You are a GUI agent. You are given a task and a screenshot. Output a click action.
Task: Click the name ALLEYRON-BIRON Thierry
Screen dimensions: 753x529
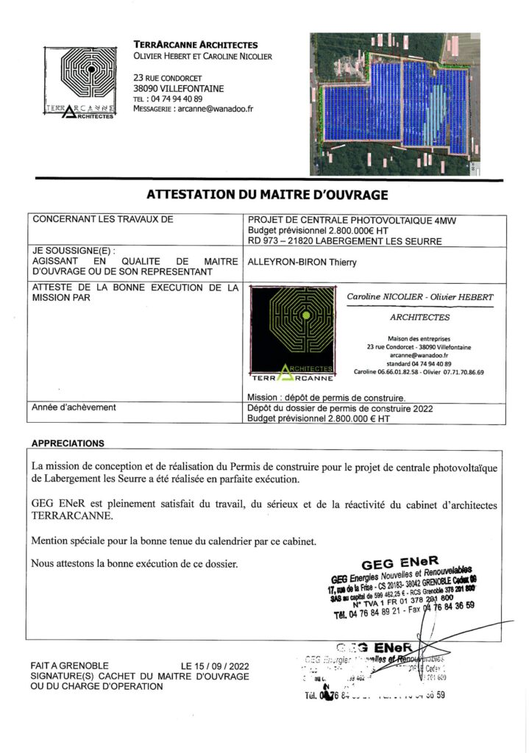coord(302,261)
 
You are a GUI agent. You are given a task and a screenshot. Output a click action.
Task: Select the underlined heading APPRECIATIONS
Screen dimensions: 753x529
coord(68,443)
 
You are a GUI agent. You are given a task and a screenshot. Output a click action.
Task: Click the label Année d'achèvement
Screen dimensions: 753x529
coord(74,407)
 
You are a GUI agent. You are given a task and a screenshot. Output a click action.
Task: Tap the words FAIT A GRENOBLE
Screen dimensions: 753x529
coord(70,665)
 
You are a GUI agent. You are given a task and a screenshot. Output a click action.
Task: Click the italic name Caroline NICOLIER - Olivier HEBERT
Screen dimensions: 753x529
coord(420,296)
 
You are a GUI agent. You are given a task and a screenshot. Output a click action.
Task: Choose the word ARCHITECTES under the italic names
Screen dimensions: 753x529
coord(419,318)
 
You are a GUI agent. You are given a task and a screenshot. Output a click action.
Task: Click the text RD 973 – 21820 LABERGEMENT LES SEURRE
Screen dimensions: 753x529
coord(345,240)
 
